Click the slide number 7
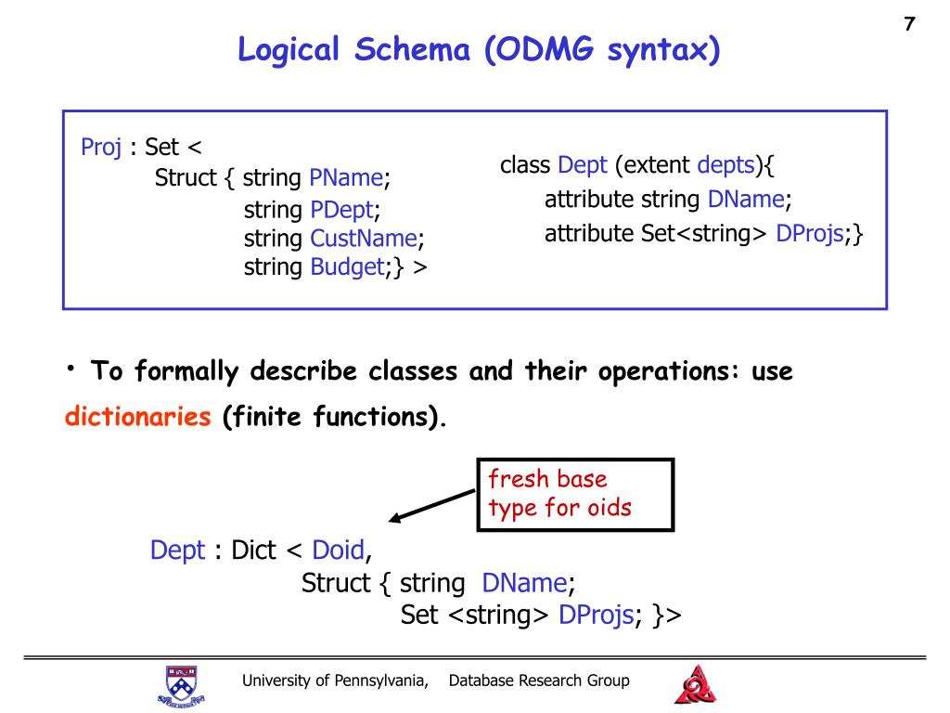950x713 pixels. [x=909, y=25]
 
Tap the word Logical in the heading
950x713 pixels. [x=289, y=49]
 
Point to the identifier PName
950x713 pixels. [x=346, y=177]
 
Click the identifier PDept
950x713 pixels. [x=343, y=210]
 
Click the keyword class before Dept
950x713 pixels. [x=525, y=165]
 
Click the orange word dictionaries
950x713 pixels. [x=138, y=417]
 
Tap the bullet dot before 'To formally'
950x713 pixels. [x=71, y=369]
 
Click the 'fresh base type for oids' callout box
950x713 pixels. [x=574, y=493]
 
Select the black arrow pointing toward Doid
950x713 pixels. [x=432, y=507]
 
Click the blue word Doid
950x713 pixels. [x=338, y=551]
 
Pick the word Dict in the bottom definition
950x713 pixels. [x=253, y=551]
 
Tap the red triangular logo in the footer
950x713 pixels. [x=694, y=685]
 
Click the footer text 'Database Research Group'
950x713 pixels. [x=539, y=681]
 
